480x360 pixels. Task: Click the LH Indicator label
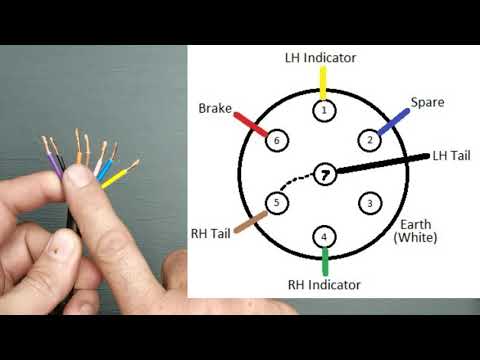tap(323, 58)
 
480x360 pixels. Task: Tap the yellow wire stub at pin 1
tap(323, 82)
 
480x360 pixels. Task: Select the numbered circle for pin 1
tap(323, 110)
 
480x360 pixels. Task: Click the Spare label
tap(426, 102)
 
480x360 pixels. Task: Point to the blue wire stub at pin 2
tap(394, 120)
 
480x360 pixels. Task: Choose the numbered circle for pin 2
tap(369, 140)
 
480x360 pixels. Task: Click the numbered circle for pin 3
tap(369, 203)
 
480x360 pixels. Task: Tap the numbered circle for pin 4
tap(323, 237)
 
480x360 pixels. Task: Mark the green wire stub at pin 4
tap(324, 262)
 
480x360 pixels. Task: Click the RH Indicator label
tap(323, 285)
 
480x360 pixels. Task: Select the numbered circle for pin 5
tap(277, 203)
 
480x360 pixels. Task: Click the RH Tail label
tap(211, 234)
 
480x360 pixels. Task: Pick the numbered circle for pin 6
tap(277, 141)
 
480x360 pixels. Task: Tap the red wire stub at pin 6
tap(250, 124)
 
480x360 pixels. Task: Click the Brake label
tap(215, 107)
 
